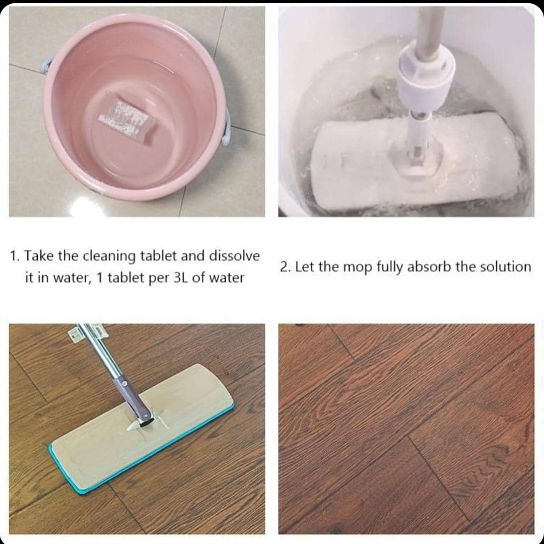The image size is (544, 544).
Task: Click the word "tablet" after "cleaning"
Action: [x=158, y=256]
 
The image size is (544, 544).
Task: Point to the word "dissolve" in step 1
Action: [x=234, y=256]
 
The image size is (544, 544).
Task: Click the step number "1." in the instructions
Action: [x=16, y=256]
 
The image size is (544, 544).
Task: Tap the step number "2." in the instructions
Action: [x=286, y=267]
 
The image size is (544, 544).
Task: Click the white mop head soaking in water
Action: [x=417, y=162]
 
